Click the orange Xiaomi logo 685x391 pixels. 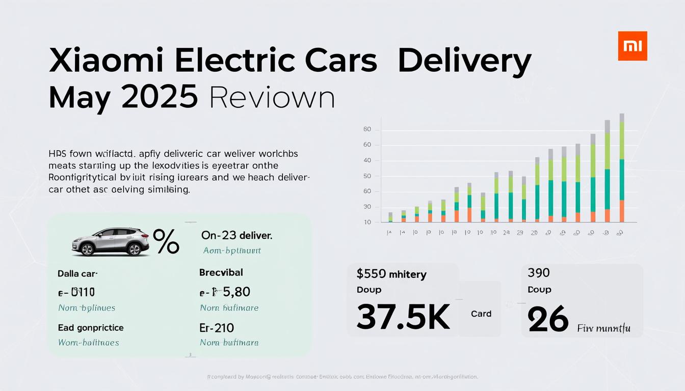click(x=633, y=46)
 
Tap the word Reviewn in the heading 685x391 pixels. click(x=272, y=97)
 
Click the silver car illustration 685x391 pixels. click(x=111, y=241)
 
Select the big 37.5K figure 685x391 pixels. click(x=403, y=316)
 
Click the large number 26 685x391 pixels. click(x=548, y=319)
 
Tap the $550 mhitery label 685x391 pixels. click(x=391, y=274)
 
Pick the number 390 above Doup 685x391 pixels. click(x=539, y=273)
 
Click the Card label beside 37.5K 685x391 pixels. click(x=481, y=314)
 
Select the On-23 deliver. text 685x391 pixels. click(x=236, y=236)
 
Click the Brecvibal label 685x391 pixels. click(x=221, y=272)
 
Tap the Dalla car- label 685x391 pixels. click(x=77, y=273)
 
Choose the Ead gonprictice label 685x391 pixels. click(x=91, y=327)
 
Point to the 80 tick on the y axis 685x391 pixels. click(x=367, y=129)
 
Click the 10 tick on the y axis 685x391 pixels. click(x=367, y=222)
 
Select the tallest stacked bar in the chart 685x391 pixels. click(x=622, y=168)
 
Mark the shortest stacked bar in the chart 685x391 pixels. click(x=390, y=217)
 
